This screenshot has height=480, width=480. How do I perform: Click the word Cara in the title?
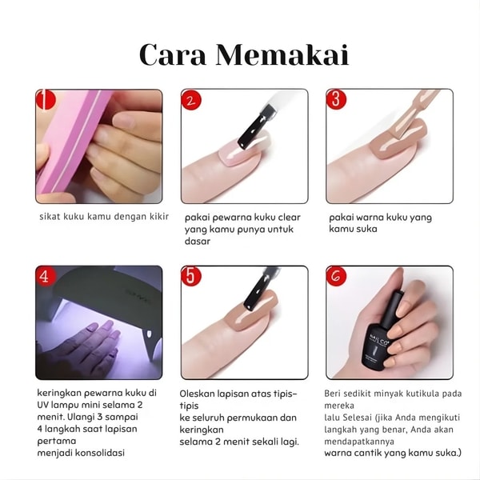[173, 55]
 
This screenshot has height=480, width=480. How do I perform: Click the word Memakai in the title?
[282, 54]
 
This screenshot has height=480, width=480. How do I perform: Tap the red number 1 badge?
[46, 99]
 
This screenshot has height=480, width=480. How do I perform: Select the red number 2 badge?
[191, 100]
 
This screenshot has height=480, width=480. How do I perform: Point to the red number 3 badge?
[336, 99]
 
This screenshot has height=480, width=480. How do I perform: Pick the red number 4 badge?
[46, 276]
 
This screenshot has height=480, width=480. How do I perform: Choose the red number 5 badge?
[191, 276]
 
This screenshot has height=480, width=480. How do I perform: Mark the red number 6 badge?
[336, 276]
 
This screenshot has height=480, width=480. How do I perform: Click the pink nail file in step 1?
[70, 141]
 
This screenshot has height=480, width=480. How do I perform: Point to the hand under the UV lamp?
[92, 344]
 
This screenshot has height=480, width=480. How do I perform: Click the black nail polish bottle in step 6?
[379, 334]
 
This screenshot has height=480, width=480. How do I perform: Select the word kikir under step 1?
[159, 217]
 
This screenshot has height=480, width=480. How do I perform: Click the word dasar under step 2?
[198, 242]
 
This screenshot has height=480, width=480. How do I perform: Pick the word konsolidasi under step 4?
[100, 453]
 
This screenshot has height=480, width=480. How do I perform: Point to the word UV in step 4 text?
[43, 405]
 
